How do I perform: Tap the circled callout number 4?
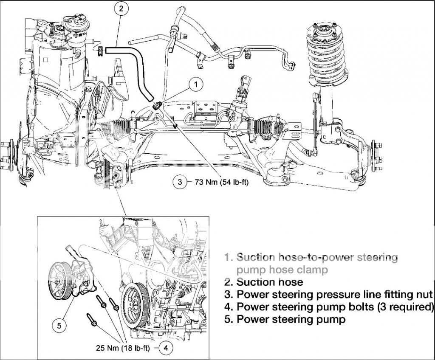[166, 349]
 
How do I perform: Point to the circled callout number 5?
[59, 326]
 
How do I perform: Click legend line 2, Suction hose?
[269, 282]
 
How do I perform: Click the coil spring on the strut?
[325, 68]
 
